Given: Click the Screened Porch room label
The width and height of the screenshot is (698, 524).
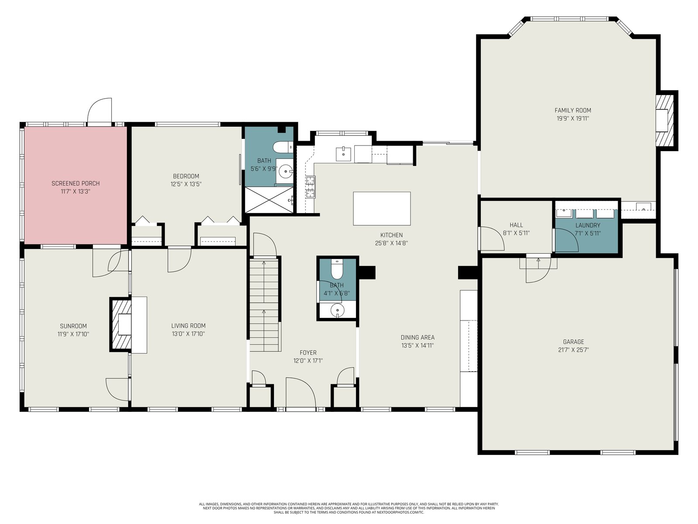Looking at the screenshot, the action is (x=75, y=183).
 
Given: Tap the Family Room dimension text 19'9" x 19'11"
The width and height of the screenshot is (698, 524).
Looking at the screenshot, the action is (x=573, y=118).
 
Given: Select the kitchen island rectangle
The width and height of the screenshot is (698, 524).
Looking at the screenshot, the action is (x=382, y=208).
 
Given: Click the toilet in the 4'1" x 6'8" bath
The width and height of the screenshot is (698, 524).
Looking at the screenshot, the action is (x=337, y=269).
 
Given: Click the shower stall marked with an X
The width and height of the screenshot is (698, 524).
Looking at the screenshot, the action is (x=269, y=200).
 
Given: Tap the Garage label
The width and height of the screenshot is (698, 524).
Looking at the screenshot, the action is (x=573, y=342).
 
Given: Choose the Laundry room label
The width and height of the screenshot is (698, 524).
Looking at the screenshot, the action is (x=588, y=225).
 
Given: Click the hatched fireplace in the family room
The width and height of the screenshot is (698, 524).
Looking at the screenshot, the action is (x=664, y=120).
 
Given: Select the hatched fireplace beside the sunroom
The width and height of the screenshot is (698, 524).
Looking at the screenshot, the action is (x=121, y=324).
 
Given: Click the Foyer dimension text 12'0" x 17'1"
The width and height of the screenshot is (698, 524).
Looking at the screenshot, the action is (x=308, y=361).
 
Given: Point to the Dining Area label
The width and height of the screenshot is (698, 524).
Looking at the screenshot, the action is (x=417, y=337).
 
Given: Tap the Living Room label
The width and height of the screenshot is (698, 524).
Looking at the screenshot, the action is (x=188, y=325).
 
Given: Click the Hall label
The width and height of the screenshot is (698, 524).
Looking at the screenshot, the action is (x=516, y=225).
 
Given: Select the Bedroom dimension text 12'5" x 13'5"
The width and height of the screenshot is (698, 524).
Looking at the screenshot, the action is (x=186, y=184).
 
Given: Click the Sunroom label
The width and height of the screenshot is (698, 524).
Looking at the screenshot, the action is (x=73, y=326).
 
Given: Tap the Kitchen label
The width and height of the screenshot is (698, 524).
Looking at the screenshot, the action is (x=391, y=235).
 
